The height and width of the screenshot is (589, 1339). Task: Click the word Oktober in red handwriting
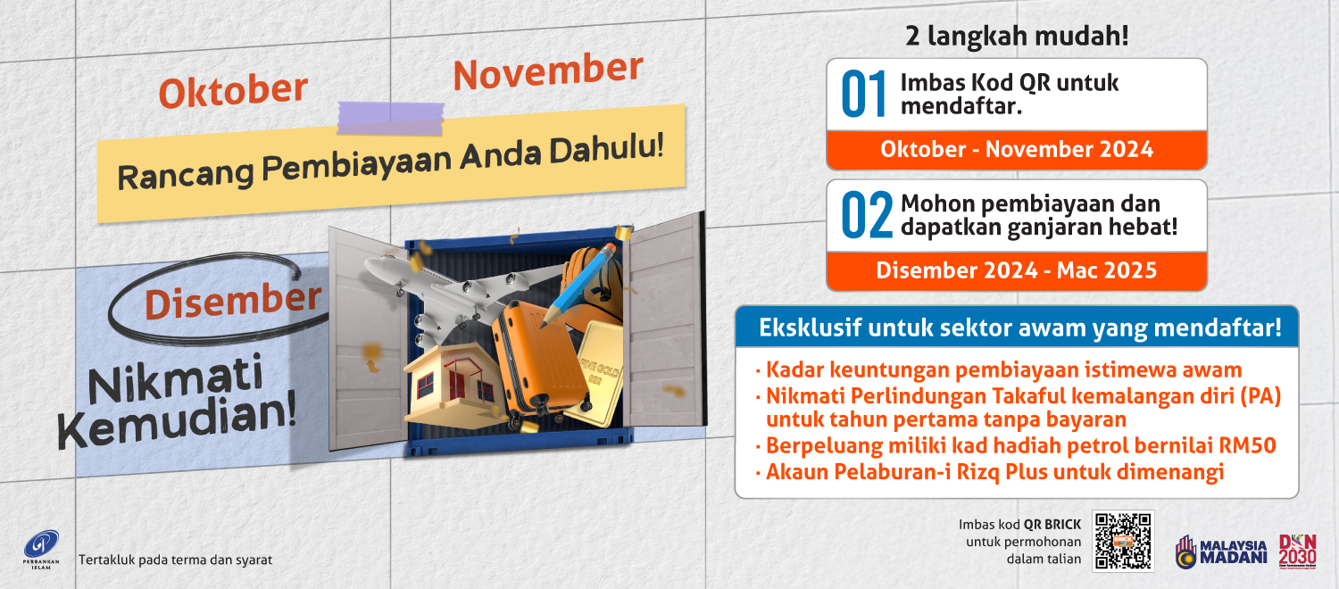(233, 91)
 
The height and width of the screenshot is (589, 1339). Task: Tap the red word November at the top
(547, 71)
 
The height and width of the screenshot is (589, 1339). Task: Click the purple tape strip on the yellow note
(390, 117)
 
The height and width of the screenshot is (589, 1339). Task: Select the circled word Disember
(232, 301)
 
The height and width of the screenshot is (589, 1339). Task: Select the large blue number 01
(864, 95)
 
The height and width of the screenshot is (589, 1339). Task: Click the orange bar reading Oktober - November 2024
(1016, 150)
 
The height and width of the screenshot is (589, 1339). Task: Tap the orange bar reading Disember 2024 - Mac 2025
(1016, 270)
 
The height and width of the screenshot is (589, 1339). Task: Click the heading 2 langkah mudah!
(1016, 37)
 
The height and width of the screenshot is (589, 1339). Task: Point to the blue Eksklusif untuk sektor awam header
(1016, 328)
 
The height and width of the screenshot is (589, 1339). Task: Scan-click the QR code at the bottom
(1124, 541)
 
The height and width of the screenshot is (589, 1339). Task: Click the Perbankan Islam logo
(40, 545)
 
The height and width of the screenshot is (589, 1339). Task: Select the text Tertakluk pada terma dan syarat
(176, 560)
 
